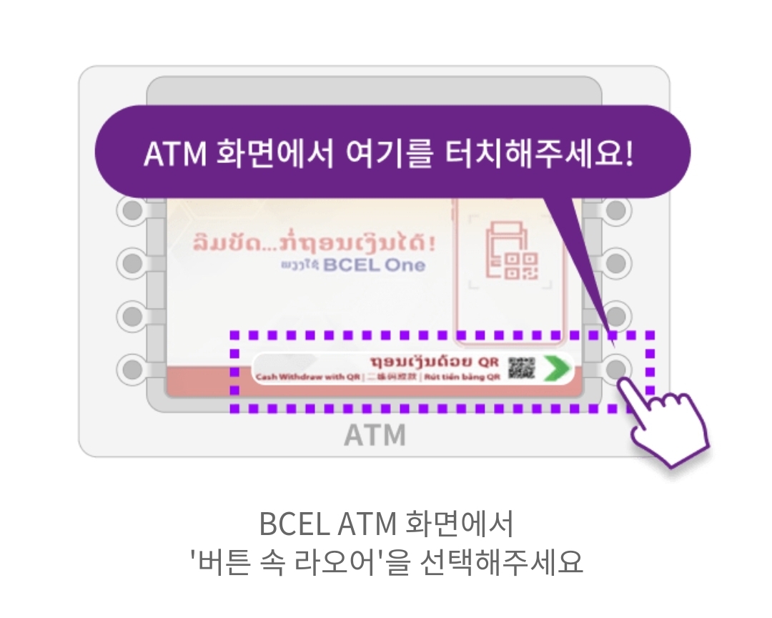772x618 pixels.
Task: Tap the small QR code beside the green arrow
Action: pos(521,368)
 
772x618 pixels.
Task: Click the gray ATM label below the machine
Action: pos(375,435)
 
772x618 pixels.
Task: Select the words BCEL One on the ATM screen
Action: pos(374,265)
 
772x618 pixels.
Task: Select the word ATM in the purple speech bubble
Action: pos(174,154)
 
